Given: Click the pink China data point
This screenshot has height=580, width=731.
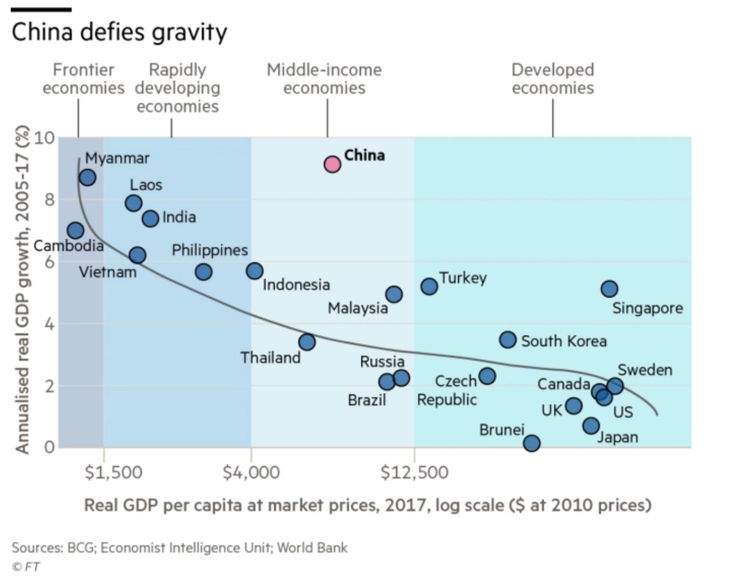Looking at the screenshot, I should point(332,164).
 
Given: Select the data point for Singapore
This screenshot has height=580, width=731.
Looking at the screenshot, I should point(609,289).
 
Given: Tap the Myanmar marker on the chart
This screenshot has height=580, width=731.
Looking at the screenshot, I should point(87,178).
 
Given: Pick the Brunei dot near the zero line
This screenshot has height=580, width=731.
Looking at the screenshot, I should point(532,443).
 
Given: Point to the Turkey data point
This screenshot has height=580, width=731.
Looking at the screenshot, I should point(429,286).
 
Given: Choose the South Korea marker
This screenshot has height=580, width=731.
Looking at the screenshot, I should point(508,340).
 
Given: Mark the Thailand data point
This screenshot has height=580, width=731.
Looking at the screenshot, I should point(307,342).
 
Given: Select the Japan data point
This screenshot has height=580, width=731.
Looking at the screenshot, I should point(591,425).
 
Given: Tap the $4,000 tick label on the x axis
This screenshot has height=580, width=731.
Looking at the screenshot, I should point(251,473).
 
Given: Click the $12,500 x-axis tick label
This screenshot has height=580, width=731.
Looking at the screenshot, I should point(414,473).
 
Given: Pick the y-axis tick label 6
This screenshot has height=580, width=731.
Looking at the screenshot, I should point(49,262).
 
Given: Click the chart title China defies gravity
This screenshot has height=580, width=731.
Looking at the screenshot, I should point(119,32).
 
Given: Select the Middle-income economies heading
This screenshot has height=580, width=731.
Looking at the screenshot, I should point(324,79).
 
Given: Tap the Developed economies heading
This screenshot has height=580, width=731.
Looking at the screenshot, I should point(552,79).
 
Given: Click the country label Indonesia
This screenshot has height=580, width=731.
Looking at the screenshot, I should point(296,284).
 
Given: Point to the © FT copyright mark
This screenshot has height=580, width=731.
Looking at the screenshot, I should point(26,567).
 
